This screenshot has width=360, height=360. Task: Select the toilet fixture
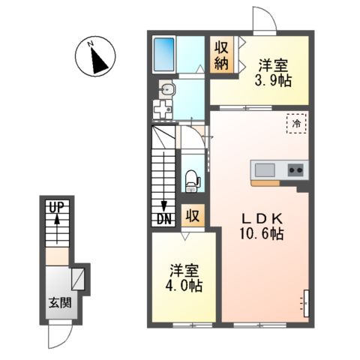click(x=192, y=178)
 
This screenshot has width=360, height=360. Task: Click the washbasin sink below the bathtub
click(x=168, y=91)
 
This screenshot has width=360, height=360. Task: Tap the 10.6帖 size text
click(x=261, y=235)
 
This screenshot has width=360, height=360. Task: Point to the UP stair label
click(x=55, y=206)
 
